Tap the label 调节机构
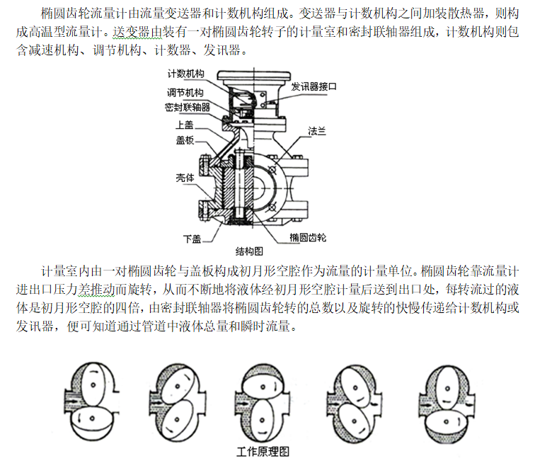[186, 93]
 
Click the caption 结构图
[249, 251]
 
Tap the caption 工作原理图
[263, 451]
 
